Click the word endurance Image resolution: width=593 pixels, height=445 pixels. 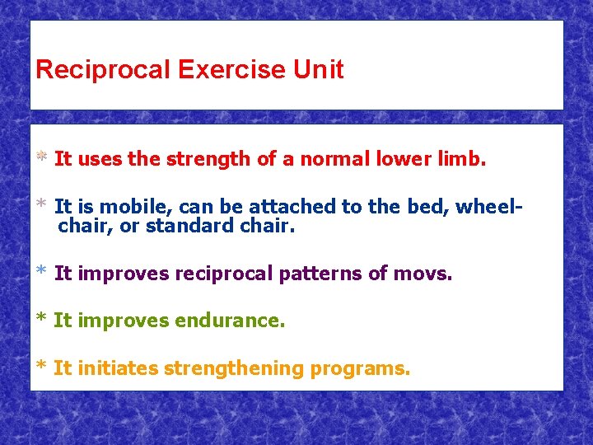[x=230, y=321]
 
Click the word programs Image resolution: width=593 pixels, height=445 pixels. [x=360, y=368]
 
